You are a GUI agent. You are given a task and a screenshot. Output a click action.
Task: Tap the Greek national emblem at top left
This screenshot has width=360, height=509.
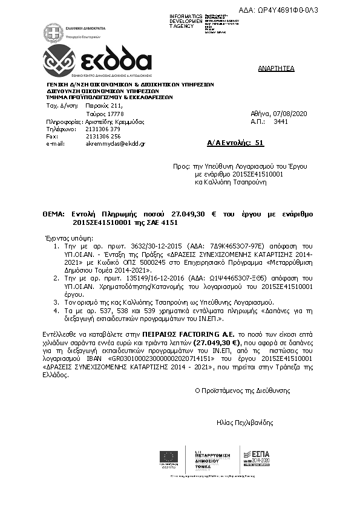tap(53, 31)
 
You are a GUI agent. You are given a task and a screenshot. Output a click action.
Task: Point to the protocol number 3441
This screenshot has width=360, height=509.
tap(281, 122)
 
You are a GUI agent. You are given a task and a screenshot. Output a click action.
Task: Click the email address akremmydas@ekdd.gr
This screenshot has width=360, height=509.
tap(111, 144)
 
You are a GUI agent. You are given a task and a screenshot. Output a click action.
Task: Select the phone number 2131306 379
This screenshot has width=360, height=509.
tap(103, 129)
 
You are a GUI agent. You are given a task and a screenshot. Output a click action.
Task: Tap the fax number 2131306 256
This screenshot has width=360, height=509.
tap(103, 137)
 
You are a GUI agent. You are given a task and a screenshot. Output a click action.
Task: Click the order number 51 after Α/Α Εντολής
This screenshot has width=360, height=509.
tap(260, 143)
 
